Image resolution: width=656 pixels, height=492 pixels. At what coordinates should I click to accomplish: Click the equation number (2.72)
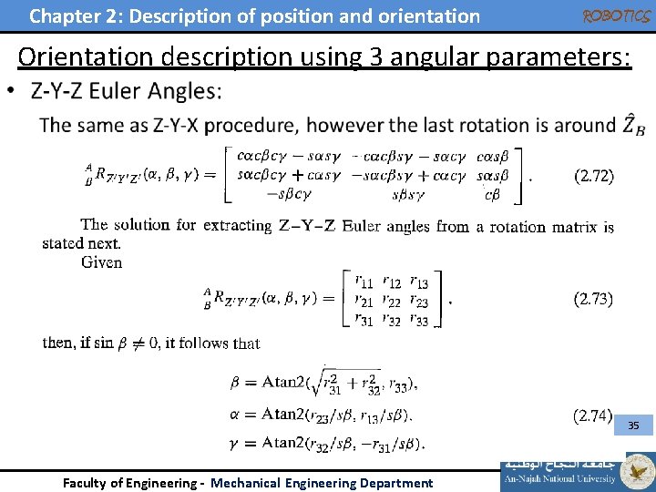[593, 176]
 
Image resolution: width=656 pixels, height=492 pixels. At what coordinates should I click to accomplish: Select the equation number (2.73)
[592, 298]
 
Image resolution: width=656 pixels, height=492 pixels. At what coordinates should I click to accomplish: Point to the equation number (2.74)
[592, 416]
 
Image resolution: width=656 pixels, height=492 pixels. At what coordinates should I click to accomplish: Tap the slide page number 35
[633, 425]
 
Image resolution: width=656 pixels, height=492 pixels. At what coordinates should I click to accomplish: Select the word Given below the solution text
[101, 262]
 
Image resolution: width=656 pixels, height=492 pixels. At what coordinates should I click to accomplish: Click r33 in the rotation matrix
[419, 319]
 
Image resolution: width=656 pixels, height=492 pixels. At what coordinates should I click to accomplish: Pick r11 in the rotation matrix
[363, 282]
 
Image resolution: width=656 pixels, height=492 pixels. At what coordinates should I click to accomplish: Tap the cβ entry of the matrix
[492, 193]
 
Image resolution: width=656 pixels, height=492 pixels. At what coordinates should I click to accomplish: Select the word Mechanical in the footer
[245, 483]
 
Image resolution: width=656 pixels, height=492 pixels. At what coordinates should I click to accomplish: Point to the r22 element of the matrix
[393, 301]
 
